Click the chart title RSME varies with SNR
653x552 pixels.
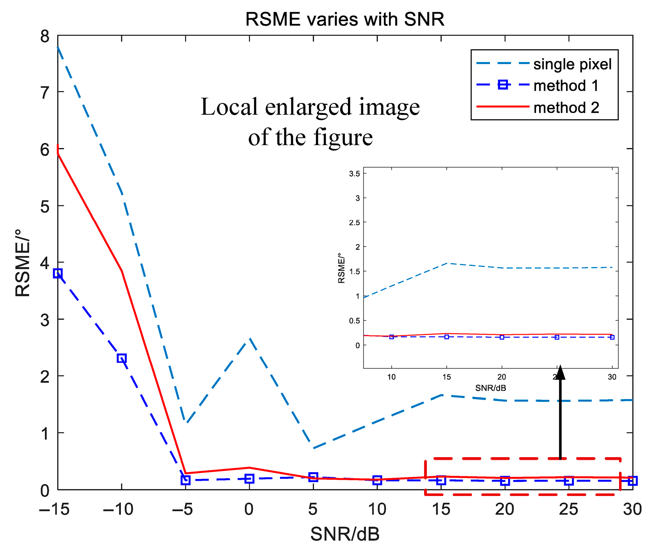(345, 19)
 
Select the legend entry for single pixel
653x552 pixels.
(572, 64)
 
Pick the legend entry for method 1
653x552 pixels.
(566, 86)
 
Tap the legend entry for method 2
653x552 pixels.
(566, 108)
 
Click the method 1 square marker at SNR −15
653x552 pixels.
(58, 273)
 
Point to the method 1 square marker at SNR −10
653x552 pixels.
(122, 358)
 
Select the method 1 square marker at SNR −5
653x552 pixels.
(186, 480)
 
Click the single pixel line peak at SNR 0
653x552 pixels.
(249, 338)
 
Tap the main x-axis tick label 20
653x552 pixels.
(505, 509)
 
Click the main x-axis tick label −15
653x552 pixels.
(54, 509)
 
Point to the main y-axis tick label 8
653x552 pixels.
(45, 37)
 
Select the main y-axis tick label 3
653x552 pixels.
(45, 320)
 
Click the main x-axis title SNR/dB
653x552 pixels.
(345, 534)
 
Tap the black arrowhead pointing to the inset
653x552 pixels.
(560, 372)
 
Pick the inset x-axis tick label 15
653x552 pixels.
(447, 377)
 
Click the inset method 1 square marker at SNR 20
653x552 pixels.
(502, 337)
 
